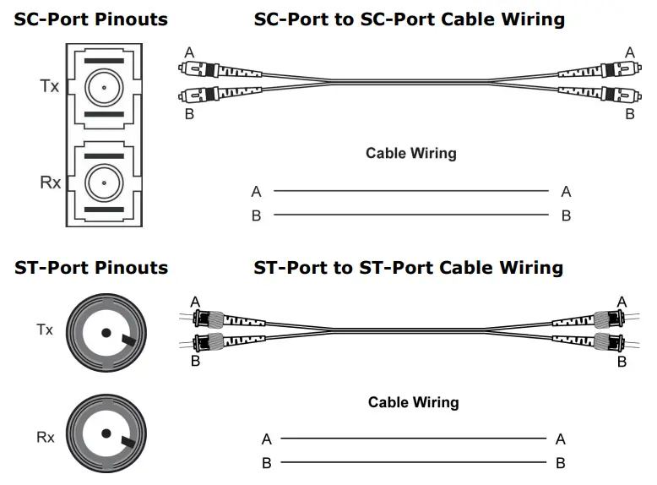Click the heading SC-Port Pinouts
coord(90,19)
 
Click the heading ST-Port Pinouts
coord(90,268)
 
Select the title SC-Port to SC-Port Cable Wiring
coord(410,19)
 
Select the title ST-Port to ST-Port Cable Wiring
coord(409,268)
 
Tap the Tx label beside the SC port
coord(50,86)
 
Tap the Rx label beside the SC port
coord(50,182)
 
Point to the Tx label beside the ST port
coord(45,330)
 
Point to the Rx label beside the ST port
coord(45,437)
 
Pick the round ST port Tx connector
coord(105,331)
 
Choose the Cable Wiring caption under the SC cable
coord(410,153)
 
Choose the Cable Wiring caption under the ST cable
coord(413,402)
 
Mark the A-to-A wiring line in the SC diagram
coord(410,191)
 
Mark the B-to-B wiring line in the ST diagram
coord(413,462)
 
